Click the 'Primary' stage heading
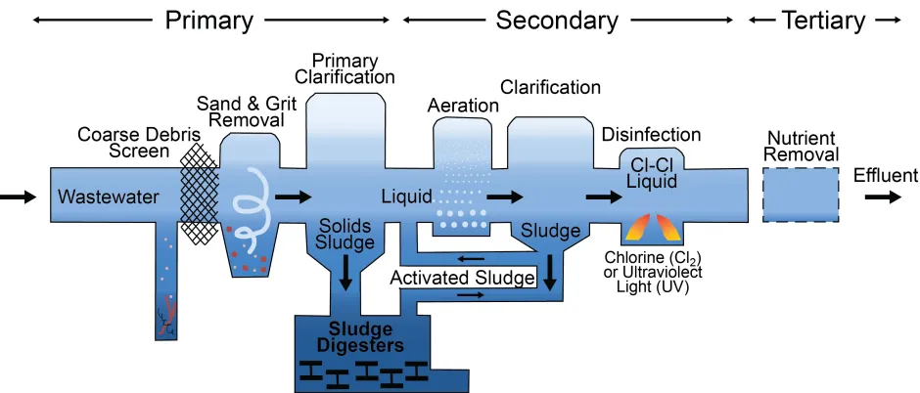pos(209,20)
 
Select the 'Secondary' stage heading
pos(557,20)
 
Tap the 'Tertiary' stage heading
pos(823,20)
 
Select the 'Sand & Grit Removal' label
pos(240,111)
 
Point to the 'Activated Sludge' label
pos(463,279)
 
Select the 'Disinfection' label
pos(651,135)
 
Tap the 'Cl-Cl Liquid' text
pos(652,173)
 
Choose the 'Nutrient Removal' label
pos(802,147)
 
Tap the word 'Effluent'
pos(885,176)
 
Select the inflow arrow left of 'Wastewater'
pos(18,197)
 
